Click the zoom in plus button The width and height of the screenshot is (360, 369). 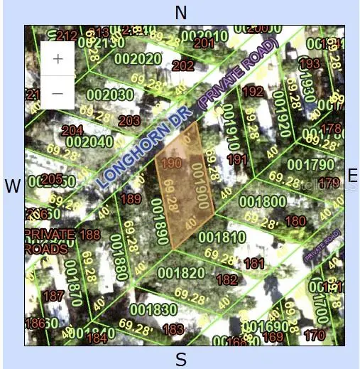(58, 58)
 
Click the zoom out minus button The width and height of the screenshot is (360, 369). (58, 92)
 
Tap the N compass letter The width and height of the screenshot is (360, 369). (181, 12)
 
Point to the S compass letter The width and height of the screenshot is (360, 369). (181, 359)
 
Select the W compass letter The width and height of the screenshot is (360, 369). (12, 186)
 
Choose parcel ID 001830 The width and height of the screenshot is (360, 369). (153, 309)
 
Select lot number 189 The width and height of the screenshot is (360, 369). (131, 199)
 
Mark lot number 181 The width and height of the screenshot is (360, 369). (253, 264)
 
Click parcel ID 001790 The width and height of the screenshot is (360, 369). (310, 165)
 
